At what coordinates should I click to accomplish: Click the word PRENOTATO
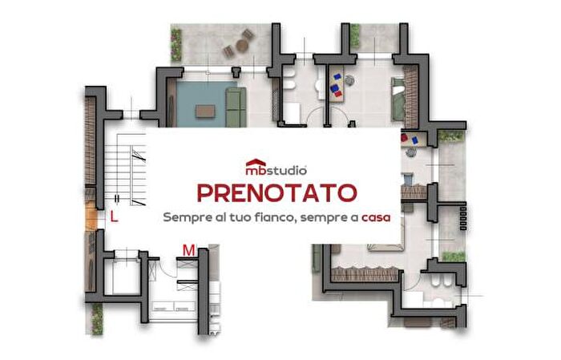point(276,194)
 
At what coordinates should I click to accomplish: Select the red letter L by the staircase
point(114,216)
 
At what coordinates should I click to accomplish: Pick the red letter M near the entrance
point(188,251)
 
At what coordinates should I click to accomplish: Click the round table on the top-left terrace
point(238,47)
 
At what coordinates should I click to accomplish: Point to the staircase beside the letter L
point(133,169)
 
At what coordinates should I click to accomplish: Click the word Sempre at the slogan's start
point(184,217)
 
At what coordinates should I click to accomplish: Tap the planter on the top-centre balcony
point(354,35)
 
